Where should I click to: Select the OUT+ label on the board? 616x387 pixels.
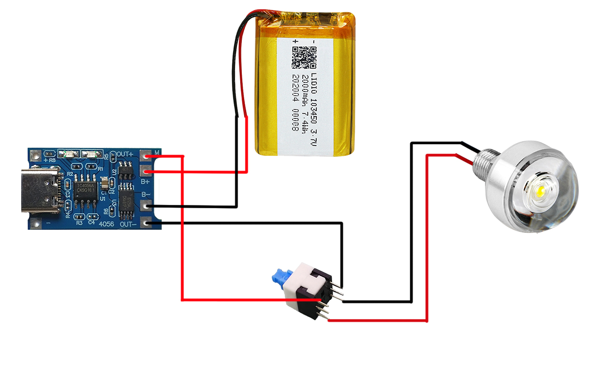125,154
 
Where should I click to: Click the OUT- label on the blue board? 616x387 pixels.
128,224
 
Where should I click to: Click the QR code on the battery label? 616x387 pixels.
304,57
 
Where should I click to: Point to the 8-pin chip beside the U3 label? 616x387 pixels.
127,196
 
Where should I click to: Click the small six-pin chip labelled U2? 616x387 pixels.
126,170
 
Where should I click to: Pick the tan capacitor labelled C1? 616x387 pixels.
104,184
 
